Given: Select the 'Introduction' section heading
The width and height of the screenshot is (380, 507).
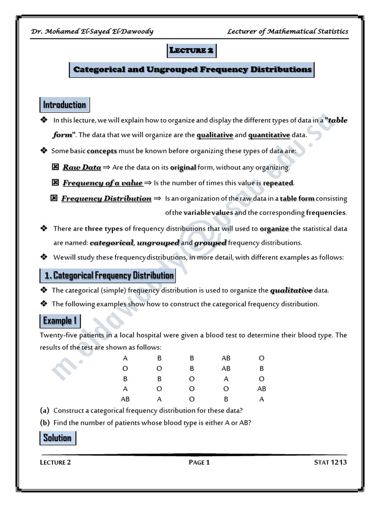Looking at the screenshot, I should [x=64, y=105].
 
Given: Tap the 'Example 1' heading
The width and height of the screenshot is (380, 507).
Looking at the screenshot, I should [x=60, y=321].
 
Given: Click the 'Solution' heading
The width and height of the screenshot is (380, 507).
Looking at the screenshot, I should [x=57, y=438].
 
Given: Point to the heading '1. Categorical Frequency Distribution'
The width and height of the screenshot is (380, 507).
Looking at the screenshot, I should [x=108, y=275].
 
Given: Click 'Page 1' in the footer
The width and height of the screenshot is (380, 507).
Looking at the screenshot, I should [x=199, y=462].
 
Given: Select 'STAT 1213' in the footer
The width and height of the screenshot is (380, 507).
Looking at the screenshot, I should [x=331, y=462].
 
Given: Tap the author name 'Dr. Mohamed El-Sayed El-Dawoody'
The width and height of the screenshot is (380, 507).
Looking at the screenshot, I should [x=92, y=31].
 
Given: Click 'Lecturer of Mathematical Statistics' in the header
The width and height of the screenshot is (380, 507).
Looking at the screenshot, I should [x=287, y=31].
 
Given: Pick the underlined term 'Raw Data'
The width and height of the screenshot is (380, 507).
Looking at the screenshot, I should [x=82, y=167].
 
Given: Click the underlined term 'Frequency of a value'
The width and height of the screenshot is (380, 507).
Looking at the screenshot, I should [x=102, y=183].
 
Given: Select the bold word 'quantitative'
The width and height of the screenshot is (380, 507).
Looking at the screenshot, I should [x=269, y=135].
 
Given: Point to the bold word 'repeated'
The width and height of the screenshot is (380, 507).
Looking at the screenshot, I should [x=279, y=183].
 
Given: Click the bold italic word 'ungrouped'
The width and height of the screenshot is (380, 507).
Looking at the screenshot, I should [x=158, y=243].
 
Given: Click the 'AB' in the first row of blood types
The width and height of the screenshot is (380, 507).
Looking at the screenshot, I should [x=226, y=358].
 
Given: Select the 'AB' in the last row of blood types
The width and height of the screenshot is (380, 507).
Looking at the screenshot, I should [x=125, y=399].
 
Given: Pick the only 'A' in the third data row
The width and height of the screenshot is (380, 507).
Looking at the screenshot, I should [x=226, y=378].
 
